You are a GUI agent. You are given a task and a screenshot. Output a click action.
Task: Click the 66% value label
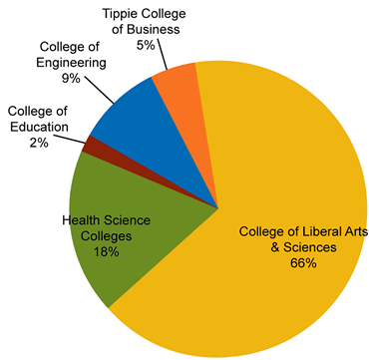303,263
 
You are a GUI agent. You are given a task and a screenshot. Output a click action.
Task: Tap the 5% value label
146,45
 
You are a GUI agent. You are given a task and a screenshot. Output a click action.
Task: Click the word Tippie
123,14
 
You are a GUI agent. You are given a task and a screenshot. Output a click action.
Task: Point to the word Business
156,29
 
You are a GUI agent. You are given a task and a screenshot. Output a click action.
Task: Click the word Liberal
309,232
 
